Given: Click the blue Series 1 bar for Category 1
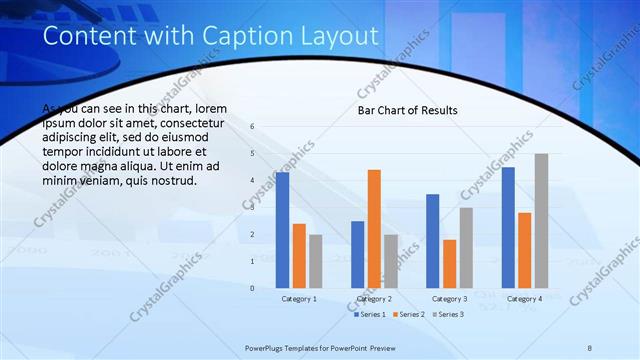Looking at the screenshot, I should click(x=283, y=230).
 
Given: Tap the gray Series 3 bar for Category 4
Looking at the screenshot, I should click(x=541, y=221).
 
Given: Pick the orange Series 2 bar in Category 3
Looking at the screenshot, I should click(x=450, y=264).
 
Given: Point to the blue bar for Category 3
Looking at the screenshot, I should click(x=433, y=241).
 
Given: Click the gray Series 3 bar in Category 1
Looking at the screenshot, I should click(x=316, y=261).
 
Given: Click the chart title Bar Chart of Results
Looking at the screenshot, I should click(x=408, y=110).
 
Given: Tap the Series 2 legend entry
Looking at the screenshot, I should click(x=409, y=315).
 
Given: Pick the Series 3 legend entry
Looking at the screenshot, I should click(x=449, y=315).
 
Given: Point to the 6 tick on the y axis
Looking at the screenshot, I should click(x=252, y=127).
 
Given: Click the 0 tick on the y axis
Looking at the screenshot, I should click(x=252, y=288).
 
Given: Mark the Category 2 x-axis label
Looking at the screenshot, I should click(x=374, y=299).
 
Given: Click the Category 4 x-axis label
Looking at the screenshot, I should click(x=524, y=299).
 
